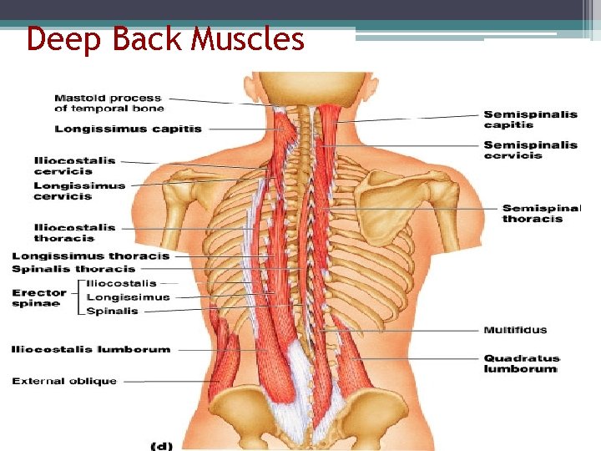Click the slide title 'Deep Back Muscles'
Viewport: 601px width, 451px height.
point(165,38)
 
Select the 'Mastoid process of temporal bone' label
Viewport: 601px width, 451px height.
point(109,103)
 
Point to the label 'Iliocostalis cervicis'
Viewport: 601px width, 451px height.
point(75,165)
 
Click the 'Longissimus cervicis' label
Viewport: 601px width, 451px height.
point(79,190)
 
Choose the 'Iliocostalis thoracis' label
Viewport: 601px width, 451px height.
point(75,232)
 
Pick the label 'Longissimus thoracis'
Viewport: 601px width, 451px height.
point(90,256)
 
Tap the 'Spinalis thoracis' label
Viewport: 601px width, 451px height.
point(73,269)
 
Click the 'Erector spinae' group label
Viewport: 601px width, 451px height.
point(39,297)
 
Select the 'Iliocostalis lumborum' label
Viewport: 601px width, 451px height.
point(90,349)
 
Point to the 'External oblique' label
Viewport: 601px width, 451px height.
point(64,381)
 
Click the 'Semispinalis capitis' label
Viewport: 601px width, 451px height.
point(530,119)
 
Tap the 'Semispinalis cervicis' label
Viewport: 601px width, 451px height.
point(530,149)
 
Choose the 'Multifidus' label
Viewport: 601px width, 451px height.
point(515,330)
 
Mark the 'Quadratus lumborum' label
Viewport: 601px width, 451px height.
point(520,363)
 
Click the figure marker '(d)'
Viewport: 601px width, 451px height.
point(160,444)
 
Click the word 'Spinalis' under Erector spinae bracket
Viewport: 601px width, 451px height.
point(113,311)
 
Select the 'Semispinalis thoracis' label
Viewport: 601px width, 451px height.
point(541,213)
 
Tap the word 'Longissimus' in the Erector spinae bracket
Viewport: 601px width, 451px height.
point(128,296)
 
